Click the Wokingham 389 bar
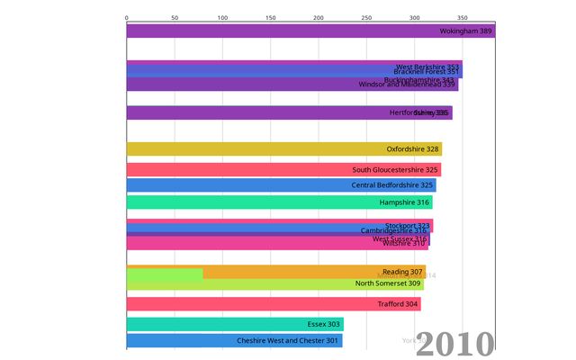tap(270, 31)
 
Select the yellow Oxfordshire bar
tap(270, 149)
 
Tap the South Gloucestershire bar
tap(270, 169)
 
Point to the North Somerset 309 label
tap(388, 283)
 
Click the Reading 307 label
tap(402, 272)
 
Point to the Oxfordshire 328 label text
tap(412, 149)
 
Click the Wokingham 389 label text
tap(465, 31)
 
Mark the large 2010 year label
tap(454, 344)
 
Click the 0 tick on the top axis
tap(127, 17)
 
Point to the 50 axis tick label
tap(175, 17)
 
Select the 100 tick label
tap(222, 17)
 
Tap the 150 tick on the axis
tap(270, 17)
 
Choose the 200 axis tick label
tap(318, 17)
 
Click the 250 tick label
tap(365, 17)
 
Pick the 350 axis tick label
tap(461, 17)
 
